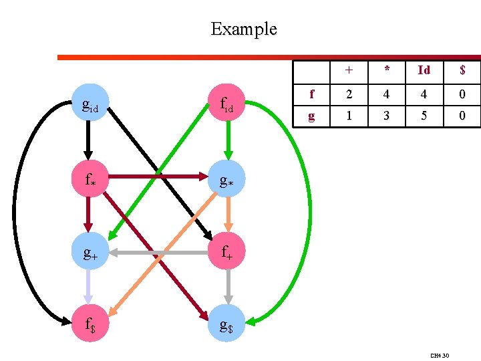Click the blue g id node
tap(90, 102)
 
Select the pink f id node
tap(226, 102)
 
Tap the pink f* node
tap(90, 178)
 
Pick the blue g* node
tap(226, 178)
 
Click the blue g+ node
tap(90, 251)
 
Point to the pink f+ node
tap(226, 251)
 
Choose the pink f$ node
tap(90, 323)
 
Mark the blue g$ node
tap(226, 323)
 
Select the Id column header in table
tap(424, 70)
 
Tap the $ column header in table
tap(462, 70)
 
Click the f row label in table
tap(312, 94)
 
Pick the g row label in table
tap(311, 116)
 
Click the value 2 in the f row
tap(349, 94)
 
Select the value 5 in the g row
tap(424, 116)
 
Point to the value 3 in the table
tap(387, 116)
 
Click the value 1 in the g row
tap(349, 116)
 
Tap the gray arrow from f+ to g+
tap(158, 253)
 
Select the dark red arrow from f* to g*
tap(158, 176)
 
